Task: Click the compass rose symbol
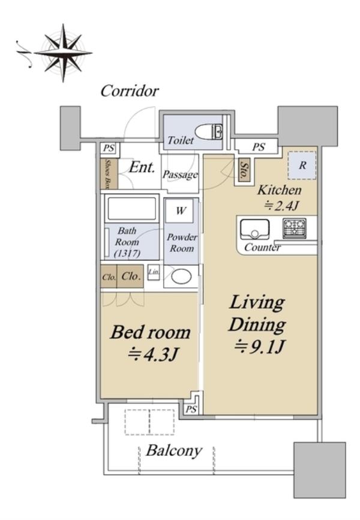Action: [x=63, y=52]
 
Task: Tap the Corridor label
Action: [x=130, y=91]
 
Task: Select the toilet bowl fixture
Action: [x=209, y=132]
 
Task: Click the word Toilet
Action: [x=180, y=140]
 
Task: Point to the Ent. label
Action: [x=142, y=167]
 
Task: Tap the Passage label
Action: [x=180, y=175]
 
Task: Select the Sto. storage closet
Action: [x=245, y=170]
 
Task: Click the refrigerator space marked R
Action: [x=302, y=165]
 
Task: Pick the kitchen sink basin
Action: [x=254, y=229]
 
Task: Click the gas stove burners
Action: [x=295, y=228]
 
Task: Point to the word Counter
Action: [x=262, y=247]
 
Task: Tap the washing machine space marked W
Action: [x=180, y=211]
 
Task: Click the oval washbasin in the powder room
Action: [x=181, y=276]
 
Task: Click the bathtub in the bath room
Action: [x=132, y=208]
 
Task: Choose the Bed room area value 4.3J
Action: [x=154, y=354]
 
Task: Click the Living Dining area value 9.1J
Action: [x=259, y=347]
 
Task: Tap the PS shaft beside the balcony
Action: [x=191, y=409]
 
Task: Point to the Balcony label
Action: [x=174, y=450]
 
